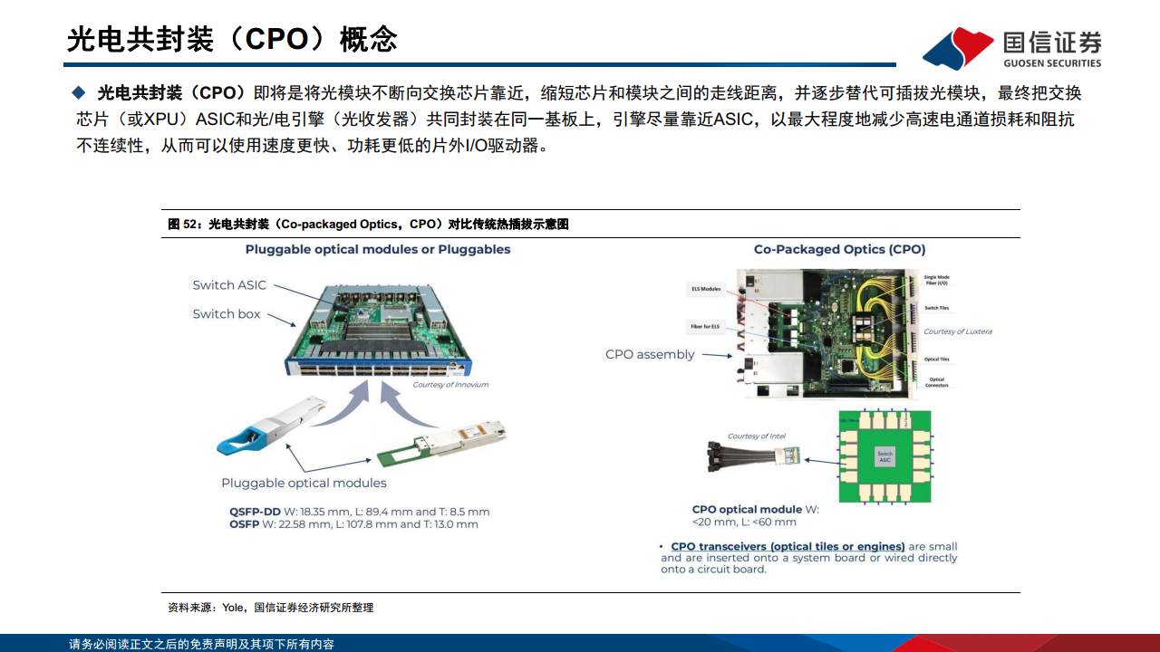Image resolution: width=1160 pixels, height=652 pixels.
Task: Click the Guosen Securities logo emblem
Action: pyautogui.click(x=957, y=47)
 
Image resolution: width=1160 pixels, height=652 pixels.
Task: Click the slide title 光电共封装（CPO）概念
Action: pyautogui.click(x=232, y=39)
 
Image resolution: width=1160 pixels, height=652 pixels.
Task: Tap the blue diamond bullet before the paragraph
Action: pyautogui.click(x=78, y=92)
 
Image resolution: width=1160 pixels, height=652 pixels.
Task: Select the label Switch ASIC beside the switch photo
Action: pyautogui.click(x=229, y=285)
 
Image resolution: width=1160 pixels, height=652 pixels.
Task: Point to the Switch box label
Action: pyautogui.click(x=226, y=314)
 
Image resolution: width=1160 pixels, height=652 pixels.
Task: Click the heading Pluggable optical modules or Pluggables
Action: pyautogui.click(x=378, y=249)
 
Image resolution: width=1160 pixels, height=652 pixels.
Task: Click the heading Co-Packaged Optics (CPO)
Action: pyautogui.click(x=839, y=249)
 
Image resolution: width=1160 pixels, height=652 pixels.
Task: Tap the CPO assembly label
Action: pyautogui.click(x=650, y=354)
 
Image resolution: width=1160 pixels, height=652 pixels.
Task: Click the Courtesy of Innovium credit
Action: pyautogui.click(x=450, y=385)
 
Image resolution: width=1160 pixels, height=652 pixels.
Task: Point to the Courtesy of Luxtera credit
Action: pyautogui.click(x=957, y=331)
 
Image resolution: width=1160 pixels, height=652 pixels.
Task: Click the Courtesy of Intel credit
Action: pyautogui.click(x=756, y=436)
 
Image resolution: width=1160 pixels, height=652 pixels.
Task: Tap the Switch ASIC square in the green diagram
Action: pyautogui.click(x=884, y=456)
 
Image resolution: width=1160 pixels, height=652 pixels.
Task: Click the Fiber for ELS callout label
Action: pyautogui.click(x=704, y=326)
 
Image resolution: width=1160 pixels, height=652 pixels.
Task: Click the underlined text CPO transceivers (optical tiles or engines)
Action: pyautogui.click(x=788, y=546)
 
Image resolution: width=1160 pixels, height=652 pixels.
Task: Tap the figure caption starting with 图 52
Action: pyautogui.click(x=368, y=224)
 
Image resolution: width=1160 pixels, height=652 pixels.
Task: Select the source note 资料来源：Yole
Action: pyautogui.click(x=270, y=608)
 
